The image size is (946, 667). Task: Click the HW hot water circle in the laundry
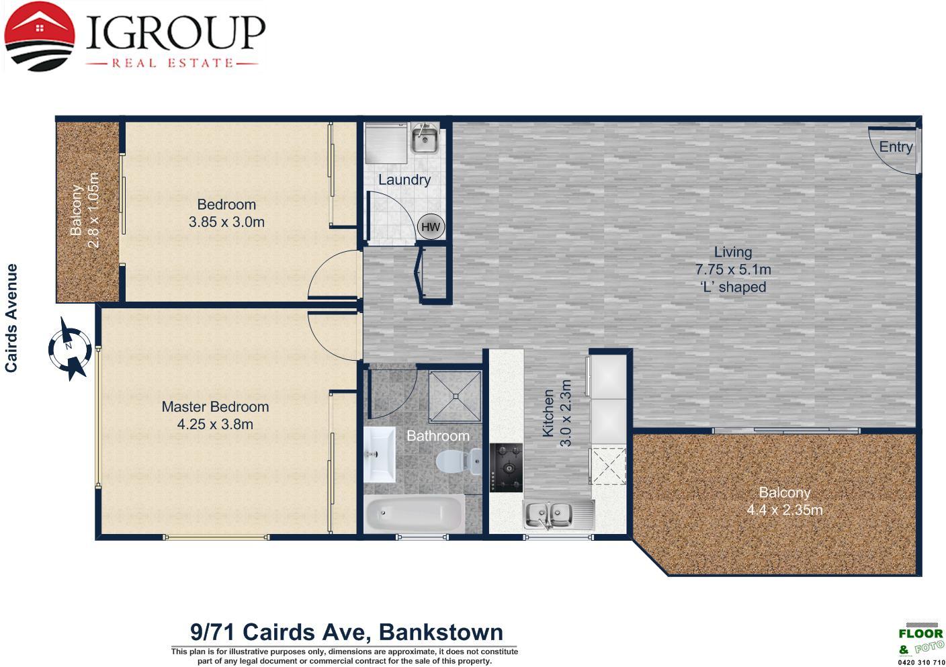[431, 226]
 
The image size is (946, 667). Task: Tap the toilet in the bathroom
[458, 461]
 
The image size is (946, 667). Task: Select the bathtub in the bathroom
[414, 514]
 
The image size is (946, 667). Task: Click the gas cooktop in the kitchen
[506, 468]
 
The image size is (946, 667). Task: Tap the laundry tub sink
[425, 138]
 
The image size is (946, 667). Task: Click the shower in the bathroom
[456, 396]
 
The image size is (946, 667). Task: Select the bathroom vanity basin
[379, 454]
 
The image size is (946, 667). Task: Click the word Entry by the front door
[896, 147]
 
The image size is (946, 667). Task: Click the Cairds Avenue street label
[11, 318]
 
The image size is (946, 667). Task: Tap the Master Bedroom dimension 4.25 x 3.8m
[215, 425]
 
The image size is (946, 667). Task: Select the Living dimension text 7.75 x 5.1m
[733, 269]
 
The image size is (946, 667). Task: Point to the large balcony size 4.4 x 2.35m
[784, 510]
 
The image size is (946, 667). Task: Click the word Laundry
[404, 180]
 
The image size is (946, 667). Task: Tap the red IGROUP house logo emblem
[39, 37]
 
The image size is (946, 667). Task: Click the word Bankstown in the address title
[441, 632]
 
